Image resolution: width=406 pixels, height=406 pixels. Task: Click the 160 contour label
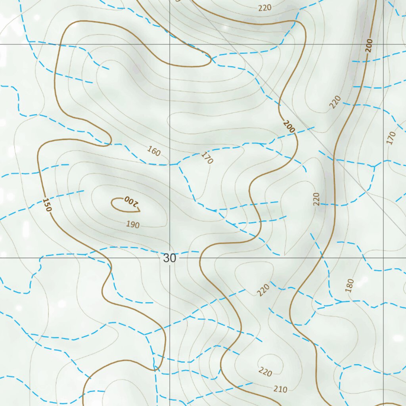pyautogui.click(x=153, y=151)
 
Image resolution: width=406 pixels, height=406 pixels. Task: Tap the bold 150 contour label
pyautogui.click(x=47, y=205)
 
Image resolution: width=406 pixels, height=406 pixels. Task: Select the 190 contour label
pyautogui.click(x=133, y=225)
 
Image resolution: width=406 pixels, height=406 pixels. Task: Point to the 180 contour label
pyautogui.click(x=349, y=285)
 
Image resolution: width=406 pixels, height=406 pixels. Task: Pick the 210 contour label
pyautogui.click(x=280, y=389)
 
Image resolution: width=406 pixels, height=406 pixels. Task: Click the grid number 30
pyautogui.click(x=170, y=258)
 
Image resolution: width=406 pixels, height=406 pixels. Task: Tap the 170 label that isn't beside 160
pyautogui.click(x=391, y=138)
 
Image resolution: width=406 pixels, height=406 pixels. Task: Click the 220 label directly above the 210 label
pyautogui.click(x=265, y=372)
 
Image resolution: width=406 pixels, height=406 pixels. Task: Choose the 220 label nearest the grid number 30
pyautogui.click(x=263, y=290)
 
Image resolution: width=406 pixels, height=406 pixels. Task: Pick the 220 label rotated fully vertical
pyautogui.click(x=316, y=199)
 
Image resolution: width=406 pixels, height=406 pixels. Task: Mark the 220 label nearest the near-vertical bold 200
pyautogui.click(x=335, y=102)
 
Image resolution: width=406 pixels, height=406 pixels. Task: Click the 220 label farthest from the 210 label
pyautogui.click(x=265, y=8)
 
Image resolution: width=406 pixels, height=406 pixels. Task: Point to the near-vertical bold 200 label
pyautogui.click(x=369, y=46)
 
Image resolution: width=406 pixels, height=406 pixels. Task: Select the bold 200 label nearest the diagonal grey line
pyautogui.click(x=289, y=126)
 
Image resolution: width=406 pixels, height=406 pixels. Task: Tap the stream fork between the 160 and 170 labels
pyautogui.click(x=178, y=163)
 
